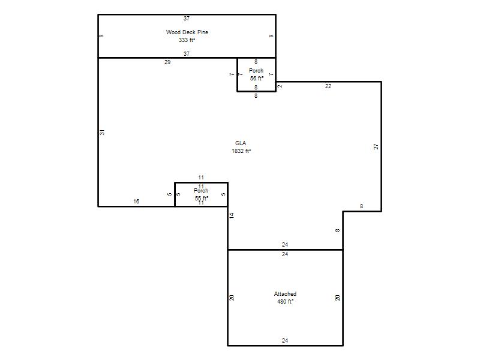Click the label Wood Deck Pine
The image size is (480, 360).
(x=187, y=32)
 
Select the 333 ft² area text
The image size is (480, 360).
(x=187, y=40)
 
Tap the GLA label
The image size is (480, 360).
(x=241, y=143)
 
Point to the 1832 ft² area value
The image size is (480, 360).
(x=241, y=151)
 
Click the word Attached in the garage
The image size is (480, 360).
(x=285, y=294)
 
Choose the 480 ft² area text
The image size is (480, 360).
(x=286, y=302)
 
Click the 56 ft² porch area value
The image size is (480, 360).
(x=257, y=79)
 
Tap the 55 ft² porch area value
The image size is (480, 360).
(x=202, y=199)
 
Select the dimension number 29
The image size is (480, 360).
(x=167, y=62)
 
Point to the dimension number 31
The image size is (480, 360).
(x=102, y=132)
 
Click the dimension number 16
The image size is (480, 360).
(x=136, y=202)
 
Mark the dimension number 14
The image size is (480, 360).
(x=232, y=215)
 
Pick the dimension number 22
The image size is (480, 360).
(x=328, y=86)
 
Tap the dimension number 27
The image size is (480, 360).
(x=376, y=146)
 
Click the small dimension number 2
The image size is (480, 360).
(x=280, y=86)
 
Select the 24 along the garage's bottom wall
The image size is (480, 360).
(x=285, y=340)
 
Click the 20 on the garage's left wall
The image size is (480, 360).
(x=232, y=298)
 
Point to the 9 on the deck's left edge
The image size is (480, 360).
(x=101, y=36)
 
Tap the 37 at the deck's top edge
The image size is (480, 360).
(x=187, y=19)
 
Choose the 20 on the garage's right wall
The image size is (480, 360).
(x=337, y=298)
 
